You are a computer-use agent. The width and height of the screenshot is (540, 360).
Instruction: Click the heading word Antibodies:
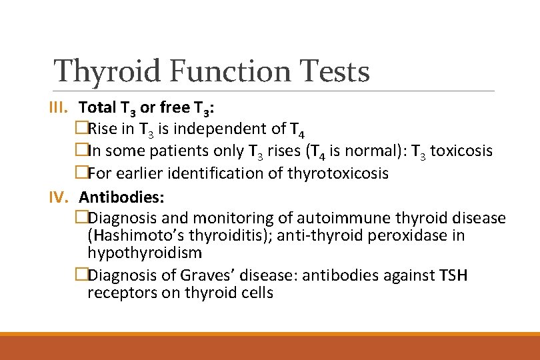tap(122, 197)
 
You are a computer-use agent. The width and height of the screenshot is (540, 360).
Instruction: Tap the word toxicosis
tap(461, 151)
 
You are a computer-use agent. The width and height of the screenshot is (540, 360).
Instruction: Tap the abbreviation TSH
tap(453, 275)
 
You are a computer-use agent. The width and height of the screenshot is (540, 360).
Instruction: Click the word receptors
tap(117, 293)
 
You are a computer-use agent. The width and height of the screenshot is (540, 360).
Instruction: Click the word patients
tap(176, 151)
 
